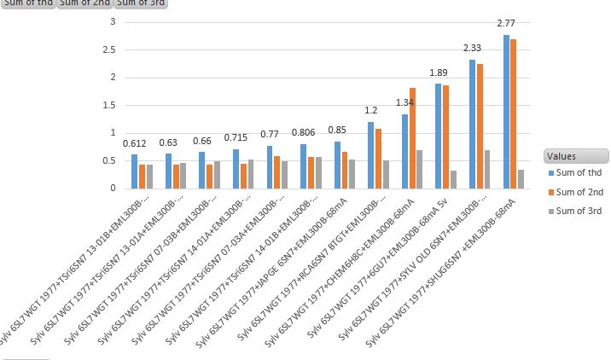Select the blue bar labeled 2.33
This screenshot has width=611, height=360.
click(x=472, y=124)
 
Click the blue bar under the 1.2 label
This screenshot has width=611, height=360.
click(x=370, y=154)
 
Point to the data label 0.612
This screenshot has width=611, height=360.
click(x=134, y=142)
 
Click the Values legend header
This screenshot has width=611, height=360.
click(x=575, y=156)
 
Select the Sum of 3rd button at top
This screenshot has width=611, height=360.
click(x=141, y=3)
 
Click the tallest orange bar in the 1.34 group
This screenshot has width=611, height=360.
click(x=412, y=137)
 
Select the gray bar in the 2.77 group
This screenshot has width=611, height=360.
click(x=521, y=178)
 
